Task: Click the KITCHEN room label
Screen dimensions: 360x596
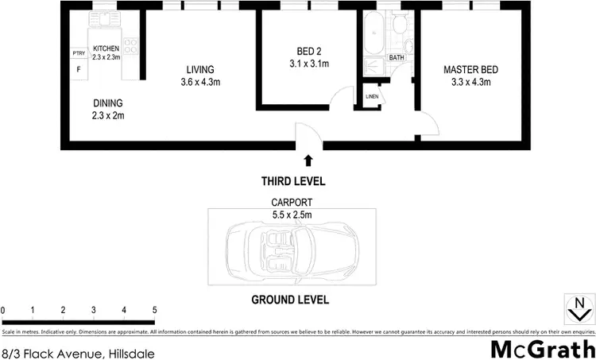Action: pos(106,48)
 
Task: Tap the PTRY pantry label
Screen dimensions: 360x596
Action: pos(79,53)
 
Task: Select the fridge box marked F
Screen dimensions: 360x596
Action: pos(79,69)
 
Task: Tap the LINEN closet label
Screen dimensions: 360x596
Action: pos(371,97)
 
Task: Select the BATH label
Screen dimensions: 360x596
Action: pos(396,58)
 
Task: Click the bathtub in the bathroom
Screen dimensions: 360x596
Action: pos(373,38)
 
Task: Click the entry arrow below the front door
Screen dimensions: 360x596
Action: pos(308,160)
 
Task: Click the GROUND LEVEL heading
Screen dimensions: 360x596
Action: pos(289,300)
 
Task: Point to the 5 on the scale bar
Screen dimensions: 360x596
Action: pos(154,309)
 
